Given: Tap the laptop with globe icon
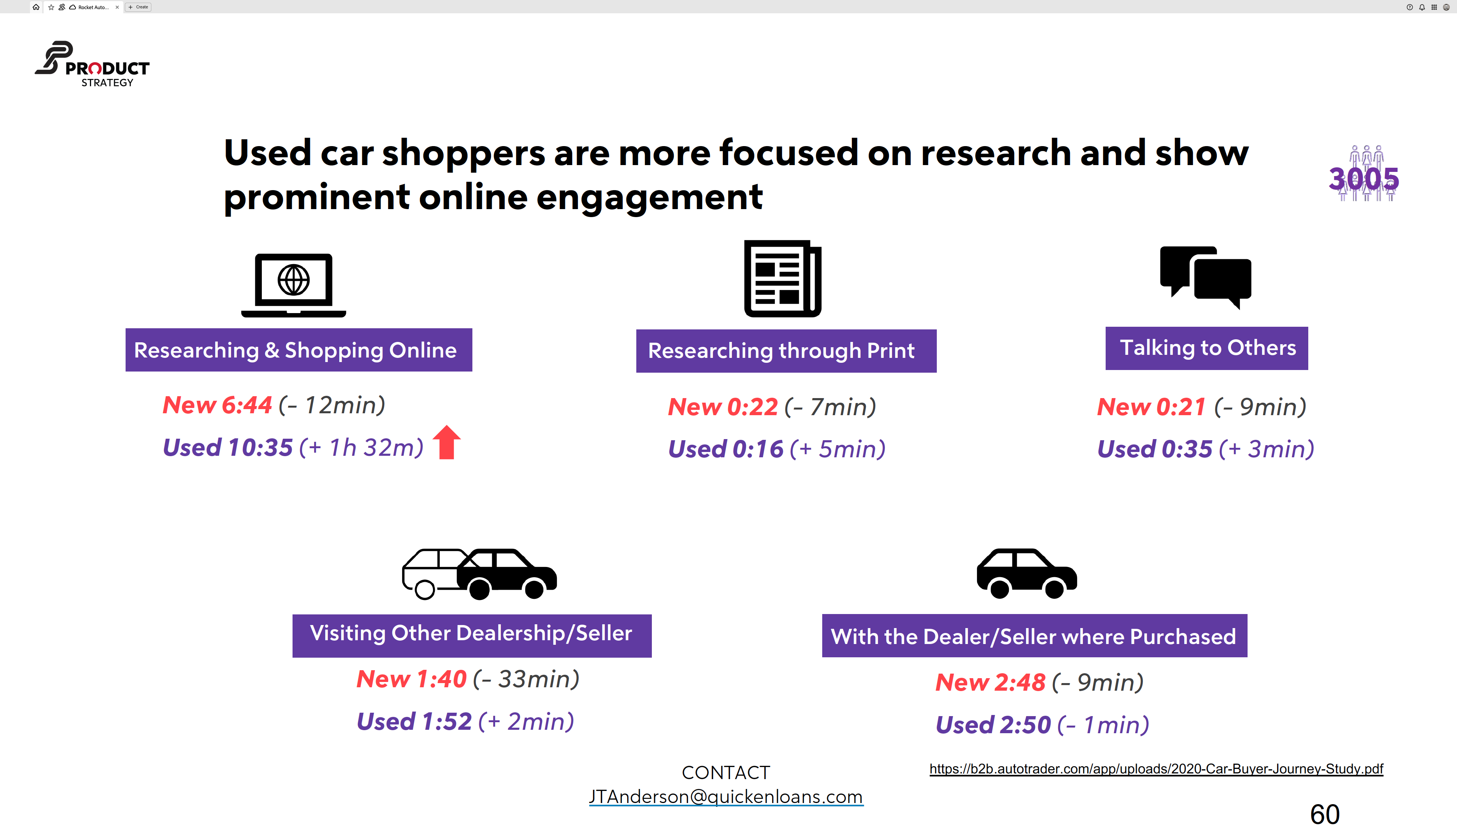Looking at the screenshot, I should [x=293, y=284].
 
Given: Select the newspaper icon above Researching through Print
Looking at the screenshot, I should [x=782, y=279].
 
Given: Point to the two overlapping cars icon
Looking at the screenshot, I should [x=479, y=574].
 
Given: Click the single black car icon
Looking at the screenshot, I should [x=1026, y=574].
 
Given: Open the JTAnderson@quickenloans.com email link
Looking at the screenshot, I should [x=725, y=797].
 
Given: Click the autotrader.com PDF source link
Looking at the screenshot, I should [x=1156, y=768].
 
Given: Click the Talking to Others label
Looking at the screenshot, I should [x=1207, y=348].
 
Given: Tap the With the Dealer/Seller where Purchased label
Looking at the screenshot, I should [x=1034, y=636].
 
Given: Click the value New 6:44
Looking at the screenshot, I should [x=217, y=405].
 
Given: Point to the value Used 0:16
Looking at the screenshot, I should [x=725, y=449].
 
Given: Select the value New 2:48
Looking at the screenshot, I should [x=990, y=683].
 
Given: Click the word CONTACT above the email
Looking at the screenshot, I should [x=725, y=772].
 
